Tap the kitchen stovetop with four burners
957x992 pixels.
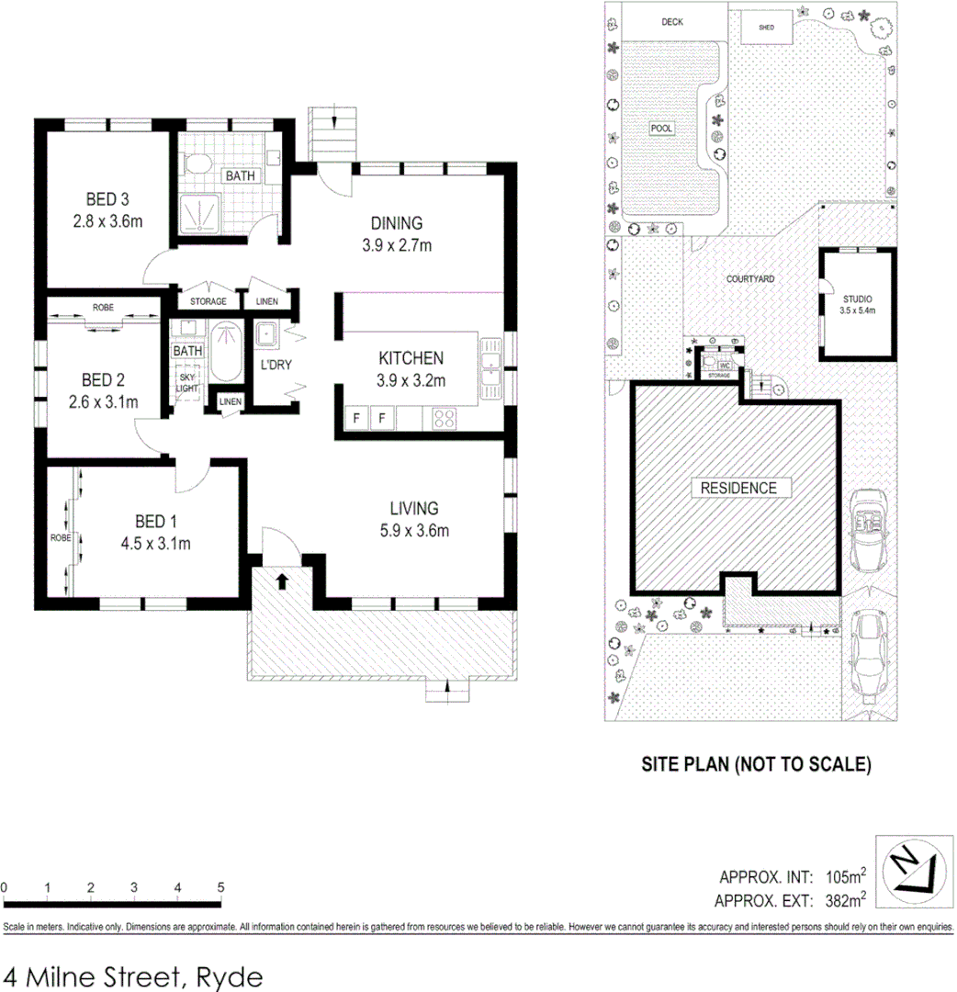[445, 420]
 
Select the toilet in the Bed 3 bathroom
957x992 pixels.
[196, 164]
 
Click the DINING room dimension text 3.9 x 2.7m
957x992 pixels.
[396, 244]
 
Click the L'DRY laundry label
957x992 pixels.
[276, 365]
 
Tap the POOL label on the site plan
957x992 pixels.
[661, 129]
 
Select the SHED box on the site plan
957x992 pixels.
[767, 28]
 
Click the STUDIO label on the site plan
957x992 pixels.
[857, 299]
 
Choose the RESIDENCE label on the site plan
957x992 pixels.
[739, 488]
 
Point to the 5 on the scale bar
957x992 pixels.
[220, 887]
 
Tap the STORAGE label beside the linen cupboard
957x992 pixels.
[208, 301]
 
